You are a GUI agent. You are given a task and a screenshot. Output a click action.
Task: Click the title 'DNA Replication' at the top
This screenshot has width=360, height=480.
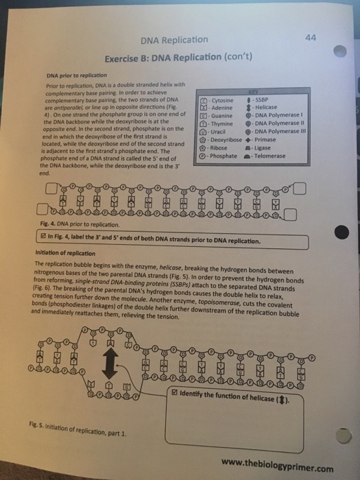coord(174,40)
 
